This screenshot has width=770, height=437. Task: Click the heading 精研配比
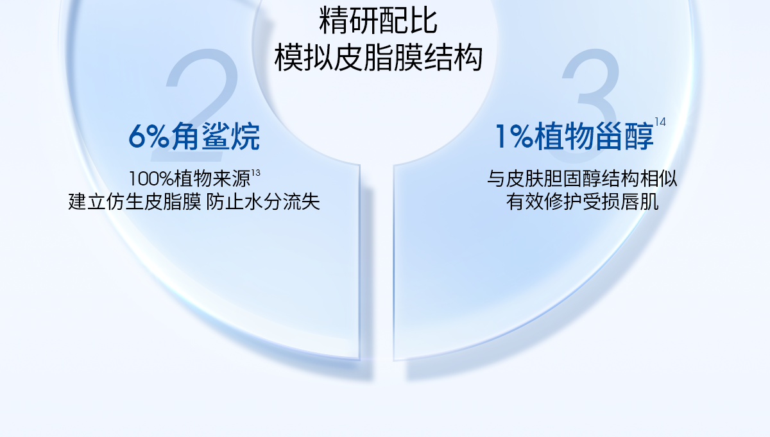378,21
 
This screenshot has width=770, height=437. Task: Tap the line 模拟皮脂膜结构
378,58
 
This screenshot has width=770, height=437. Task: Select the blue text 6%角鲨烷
194,137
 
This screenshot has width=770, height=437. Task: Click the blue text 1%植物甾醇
574,137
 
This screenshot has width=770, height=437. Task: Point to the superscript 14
660,122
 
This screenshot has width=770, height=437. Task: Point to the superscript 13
256,173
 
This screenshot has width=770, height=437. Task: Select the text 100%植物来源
190,179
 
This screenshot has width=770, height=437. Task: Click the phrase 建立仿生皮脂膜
134,202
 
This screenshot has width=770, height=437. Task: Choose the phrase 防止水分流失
263,202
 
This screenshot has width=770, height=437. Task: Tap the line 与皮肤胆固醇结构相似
583,179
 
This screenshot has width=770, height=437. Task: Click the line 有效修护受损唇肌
583,202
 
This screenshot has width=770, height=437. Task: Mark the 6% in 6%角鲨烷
149,137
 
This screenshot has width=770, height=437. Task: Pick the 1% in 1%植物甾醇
514,137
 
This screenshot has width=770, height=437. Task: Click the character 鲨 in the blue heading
216,137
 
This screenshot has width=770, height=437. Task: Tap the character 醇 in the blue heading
639,137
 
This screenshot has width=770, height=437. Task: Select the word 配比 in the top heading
408,21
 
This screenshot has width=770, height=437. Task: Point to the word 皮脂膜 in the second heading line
378,58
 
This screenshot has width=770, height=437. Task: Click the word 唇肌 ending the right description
640,202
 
